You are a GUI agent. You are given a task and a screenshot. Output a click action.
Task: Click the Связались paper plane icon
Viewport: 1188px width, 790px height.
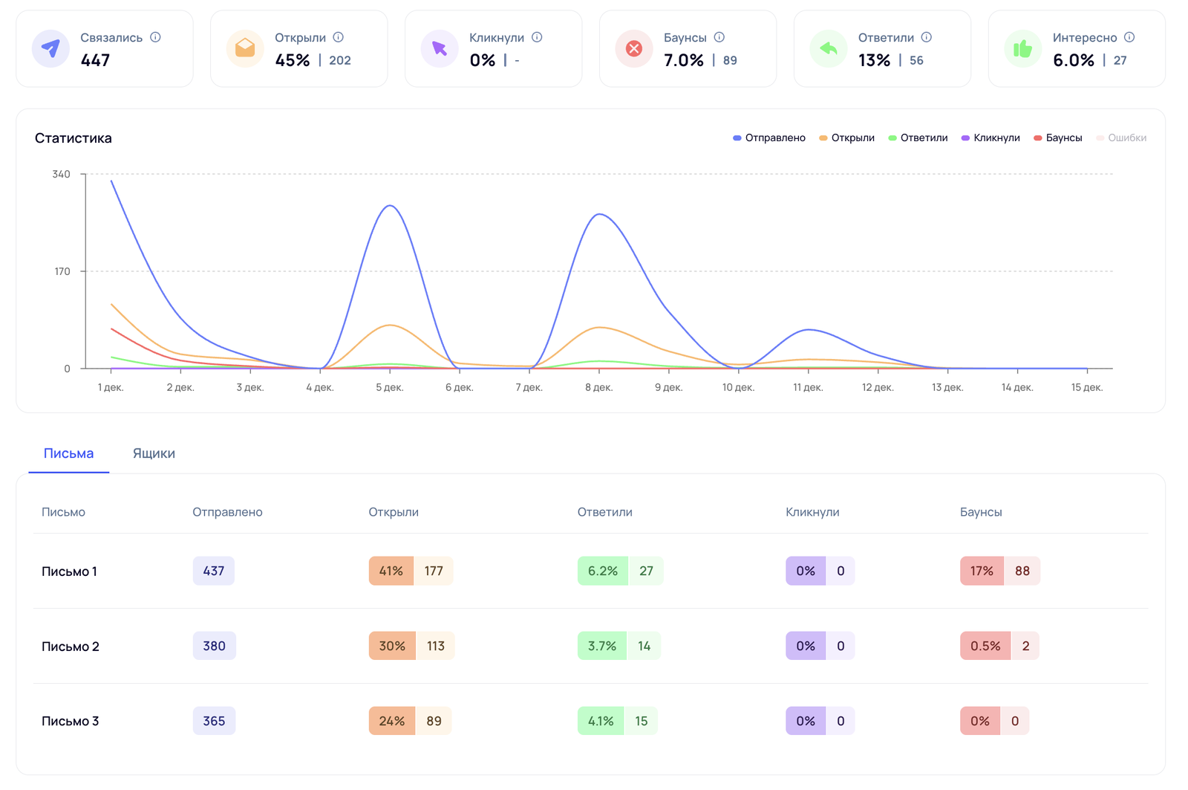coord(50,48)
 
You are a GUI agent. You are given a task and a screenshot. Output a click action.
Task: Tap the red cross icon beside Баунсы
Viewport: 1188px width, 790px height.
coord(634,48)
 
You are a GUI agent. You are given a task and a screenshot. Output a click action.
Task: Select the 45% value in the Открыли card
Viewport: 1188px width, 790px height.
coord(293,60)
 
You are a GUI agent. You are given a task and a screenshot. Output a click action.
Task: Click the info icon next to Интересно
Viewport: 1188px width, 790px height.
coord(1129,37)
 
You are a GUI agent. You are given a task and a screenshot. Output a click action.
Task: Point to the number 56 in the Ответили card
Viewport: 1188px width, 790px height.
coord(916,60)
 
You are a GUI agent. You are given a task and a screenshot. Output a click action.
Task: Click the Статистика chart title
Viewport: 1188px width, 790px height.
coord(74,138)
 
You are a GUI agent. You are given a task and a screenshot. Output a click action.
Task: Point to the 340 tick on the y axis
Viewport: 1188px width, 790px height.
coord(61,174)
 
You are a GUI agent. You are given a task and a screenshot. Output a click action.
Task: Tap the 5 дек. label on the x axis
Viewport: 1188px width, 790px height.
coord(390,387)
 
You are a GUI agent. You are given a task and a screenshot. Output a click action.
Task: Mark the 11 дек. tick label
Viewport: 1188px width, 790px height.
coord(808,387)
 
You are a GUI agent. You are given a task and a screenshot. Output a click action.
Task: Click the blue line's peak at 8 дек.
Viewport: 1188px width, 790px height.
coord(599,215)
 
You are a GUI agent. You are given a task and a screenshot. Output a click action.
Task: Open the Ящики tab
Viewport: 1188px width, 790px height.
coord(154,453)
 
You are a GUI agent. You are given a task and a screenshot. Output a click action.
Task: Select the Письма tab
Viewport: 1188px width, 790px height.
coord(68,453)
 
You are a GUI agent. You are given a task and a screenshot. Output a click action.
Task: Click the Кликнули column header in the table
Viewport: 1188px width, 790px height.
coord(812,512)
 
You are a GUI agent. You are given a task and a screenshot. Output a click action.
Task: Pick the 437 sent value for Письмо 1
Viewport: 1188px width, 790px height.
coord(214,571)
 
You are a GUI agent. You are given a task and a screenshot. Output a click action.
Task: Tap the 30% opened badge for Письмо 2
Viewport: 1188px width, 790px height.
coord(392,646)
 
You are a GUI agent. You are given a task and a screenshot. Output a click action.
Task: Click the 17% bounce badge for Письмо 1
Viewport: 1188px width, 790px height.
coord(982,571)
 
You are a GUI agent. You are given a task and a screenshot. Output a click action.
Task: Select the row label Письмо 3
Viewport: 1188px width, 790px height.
coord(71,721)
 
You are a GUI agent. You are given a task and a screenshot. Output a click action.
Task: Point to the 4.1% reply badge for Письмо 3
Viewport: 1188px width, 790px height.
coord(601,721)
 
